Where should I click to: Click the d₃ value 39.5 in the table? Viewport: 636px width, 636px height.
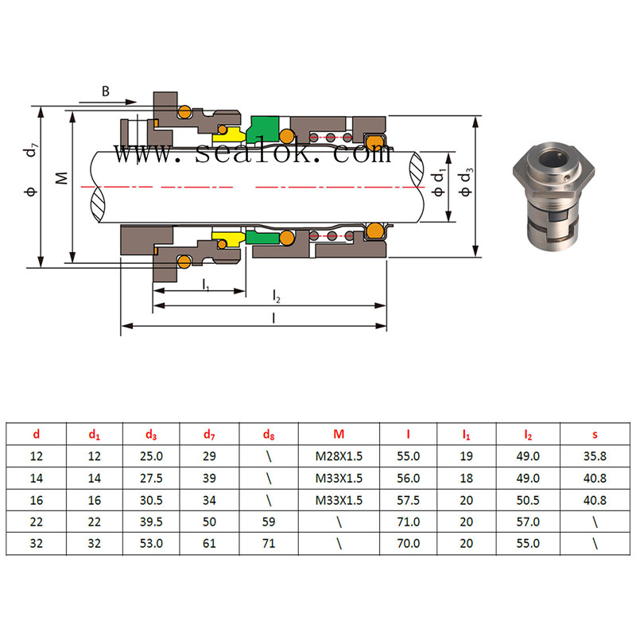[x=151, y=522]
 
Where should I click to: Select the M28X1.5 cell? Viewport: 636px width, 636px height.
[x=339, y=456]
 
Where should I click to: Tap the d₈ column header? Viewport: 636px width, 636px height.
[x=269, y=434]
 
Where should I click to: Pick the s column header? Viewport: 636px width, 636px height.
[x=595, y=434]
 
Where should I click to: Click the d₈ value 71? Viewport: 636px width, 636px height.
[x=269, y=543]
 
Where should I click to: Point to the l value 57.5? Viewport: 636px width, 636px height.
[x=408, y=500]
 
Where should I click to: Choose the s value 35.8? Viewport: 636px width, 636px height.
[x=595, y=456]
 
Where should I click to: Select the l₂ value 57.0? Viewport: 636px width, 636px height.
[x=528, y=522]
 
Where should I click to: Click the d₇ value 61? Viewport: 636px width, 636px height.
[x=209, y=543]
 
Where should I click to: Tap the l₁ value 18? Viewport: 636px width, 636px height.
[x=466, y=479]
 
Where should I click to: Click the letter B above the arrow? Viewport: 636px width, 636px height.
[x=106, y=91]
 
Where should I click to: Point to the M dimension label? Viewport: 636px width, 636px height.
[x=62, y=178]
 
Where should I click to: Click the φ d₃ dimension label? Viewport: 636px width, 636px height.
[x=466, y=182]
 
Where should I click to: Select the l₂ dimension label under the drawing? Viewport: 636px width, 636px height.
[x=276, y=296]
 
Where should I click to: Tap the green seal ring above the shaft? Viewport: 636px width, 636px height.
[x=264, y=129]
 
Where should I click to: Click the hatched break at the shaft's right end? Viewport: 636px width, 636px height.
[x=416, y=169]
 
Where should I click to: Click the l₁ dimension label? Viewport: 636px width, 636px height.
[x=206, y=285]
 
